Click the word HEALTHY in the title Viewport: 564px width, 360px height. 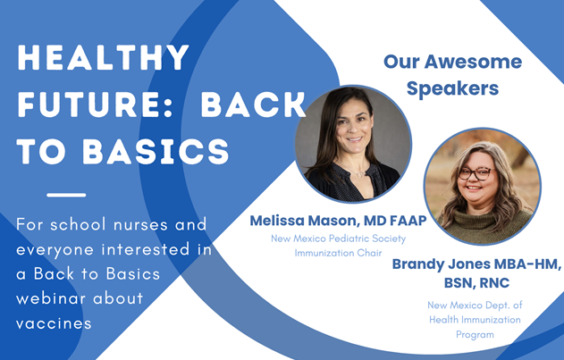pos(104,59)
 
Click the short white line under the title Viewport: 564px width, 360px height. pos(66,195)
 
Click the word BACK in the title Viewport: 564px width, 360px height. pos(252,105)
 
